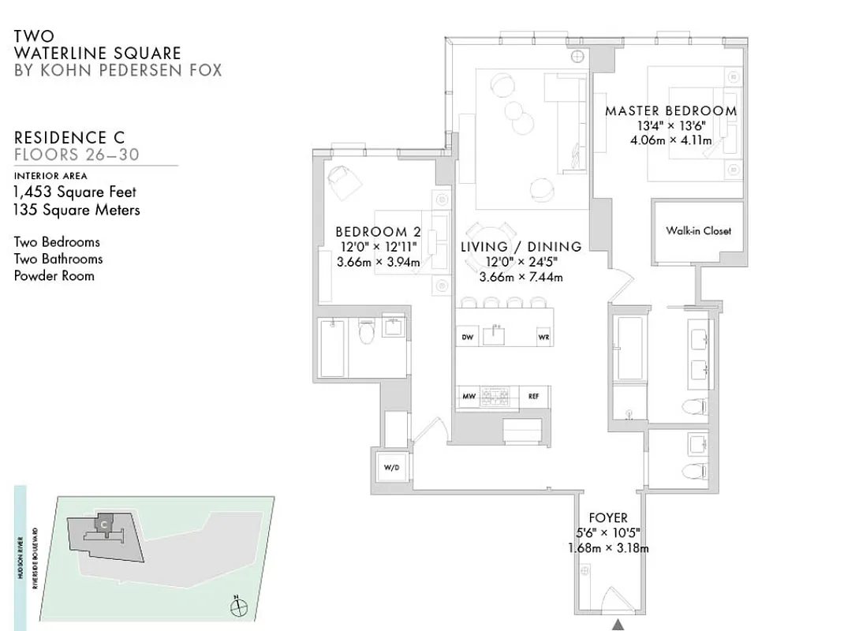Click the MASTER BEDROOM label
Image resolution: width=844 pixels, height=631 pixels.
(x=670, y=111)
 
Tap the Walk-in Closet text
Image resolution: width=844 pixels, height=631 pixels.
(x=698, y=231)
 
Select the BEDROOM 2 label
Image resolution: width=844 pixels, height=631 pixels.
(x=378, y=232)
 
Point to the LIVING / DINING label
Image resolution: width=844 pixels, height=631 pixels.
(x=521, y=247)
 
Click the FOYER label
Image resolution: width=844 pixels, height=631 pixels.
(x=608, y=518)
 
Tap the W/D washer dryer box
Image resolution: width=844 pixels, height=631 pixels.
(x=391, y=467)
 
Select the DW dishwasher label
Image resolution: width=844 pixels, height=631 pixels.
(x=467, y=338)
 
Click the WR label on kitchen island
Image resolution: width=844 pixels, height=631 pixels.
(x=543, y=338)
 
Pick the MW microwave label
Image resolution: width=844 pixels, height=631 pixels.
(x=468, y=396)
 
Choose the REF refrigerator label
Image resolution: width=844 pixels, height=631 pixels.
(x=533, y=396)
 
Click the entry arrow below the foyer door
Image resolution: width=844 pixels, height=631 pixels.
(x=618, y=624)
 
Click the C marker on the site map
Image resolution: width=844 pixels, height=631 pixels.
(x=104, y=523)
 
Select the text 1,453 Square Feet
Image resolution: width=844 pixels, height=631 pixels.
(x=75, y=192)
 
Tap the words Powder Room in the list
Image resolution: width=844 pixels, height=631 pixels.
(x=54, y=275)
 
